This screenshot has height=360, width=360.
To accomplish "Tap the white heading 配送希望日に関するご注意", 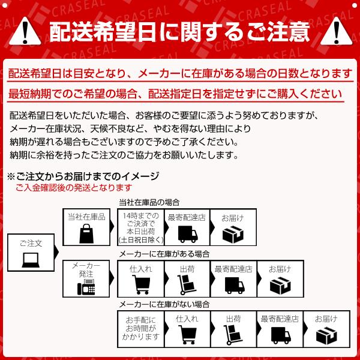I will [179, 29].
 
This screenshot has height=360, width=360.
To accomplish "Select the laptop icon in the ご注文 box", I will [31, 260].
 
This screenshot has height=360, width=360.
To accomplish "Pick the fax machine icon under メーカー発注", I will [86, 286].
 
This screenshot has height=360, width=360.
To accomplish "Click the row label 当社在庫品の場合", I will [149, 202].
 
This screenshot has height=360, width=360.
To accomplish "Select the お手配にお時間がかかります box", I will [140, 329].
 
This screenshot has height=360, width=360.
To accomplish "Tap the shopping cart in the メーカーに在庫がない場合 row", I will [187, 334].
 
